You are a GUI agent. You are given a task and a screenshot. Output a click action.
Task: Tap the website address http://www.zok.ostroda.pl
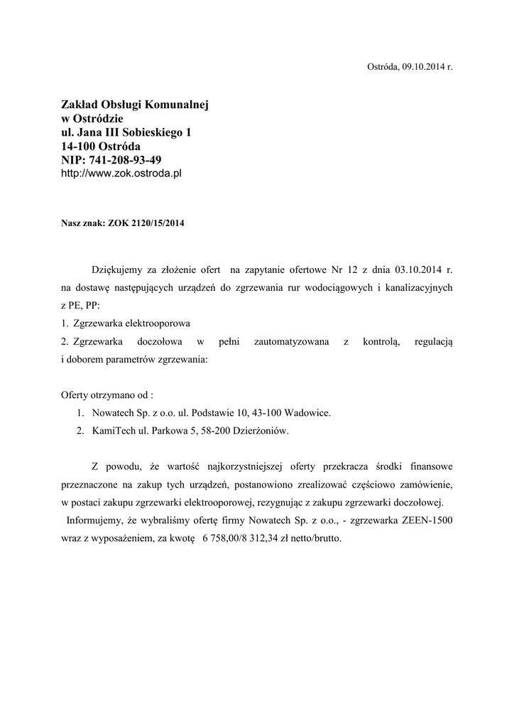(121, 173)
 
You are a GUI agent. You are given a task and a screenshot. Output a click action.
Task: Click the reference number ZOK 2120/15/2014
(146, 223)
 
